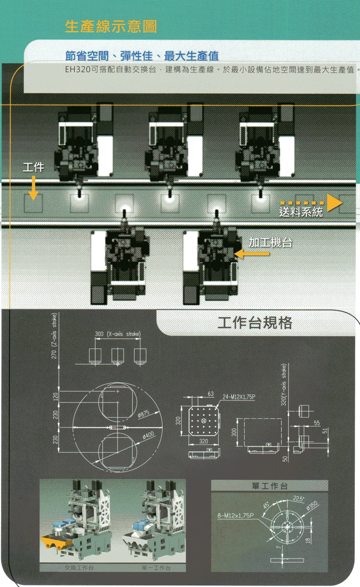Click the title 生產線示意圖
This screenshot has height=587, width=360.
click(111, 27)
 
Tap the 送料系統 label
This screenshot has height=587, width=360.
click(301, 212)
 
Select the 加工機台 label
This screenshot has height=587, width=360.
click(270, 242)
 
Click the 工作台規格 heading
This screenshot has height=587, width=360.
click(255, 323)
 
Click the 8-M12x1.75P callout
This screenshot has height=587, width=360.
click(236, 515)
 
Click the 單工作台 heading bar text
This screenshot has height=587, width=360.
click(270, 486)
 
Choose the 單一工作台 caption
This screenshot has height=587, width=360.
click(157, 568)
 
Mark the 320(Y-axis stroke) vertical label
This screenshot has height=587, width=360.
click(284, 384)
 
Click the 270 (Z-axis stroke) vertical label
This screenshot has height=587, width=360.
click(55, 337)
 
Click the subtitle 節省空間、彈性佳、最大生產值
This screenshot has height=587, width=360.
click(142, 55)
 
